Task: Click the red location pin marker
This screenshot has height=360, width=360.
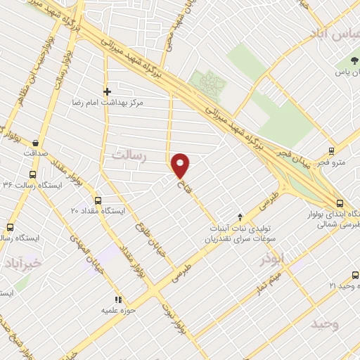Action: point(181,166)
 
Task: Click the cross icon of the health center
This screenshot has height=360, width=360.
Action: point(107,91)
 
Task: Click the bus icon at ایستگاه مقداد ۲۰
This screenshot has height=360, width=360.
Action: point(97,200)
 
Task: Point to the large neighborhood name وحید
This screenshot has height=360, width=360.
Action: point(325,323)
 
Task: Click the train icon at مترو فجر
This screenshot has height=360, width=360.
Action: point(333,151)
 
